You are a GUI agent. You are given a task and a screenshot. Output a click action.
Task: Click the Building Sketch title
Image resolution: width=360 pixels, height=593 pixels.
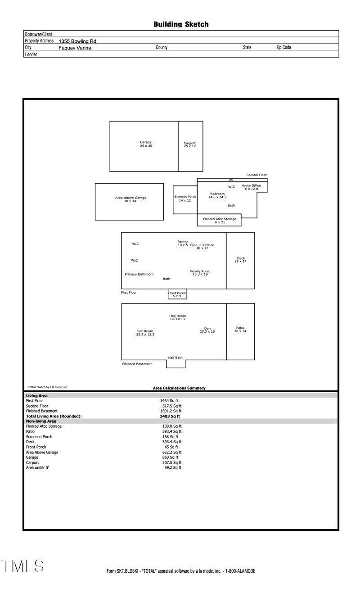(181, 24)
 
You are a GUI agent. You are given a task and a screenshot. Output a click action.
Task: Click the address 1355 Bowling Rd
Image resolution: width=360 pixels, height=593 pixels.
(77, 41)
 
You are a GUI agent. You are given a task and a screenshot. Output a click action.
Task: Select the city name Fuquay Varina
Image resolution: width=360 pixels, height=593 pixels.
(75, 48)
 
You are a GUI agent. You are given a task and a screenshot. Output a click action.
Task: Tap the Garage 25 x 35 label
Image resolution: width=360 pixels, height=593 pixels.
(146, 144)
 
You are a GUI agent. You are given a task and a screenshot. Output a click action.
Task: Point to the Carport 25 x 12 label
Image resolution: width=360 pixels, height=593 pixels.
(190, 145)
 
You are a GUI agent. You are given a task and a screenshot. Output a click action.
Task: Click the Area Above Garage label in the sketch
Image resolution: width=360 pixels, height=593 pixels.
(130, 199)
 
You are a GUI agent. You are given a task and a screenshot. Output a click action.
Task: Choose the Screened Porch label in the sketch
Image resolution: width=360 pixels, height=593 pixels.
(185, 199)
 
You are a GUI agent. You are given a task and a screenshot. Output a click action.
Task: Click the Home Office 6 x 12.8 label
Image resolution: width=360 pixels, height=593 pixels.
(251, 187)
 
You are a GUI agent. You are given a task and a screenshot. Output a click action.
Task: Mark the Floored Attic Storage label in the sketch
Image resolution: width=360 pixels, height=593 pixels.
(219, 221)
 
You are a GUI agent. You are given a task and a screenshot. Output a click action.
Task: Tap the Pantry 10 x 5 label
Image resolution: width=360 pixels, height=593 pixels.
(182, 244)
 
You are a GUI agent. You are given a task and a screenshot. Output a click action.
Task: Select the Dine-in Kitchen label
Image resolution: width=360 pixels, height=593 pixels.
(202, 246)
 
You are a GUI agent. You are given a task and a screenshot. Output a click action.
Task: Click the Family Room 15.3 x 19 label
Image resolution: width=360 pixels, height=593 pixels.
(200, 273)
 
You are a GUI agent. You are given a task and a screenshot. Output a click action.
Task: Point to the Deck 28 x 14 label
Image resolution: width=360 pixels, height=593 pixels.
(241, 260)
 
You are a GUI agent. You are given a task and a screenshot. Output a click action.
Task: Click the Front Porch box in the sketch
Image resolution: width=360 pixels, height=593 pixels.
(177, 294)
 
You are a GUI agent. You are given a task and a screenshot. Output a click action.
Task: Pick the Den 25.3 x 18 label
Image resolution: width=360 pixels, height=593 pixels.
(207, 330)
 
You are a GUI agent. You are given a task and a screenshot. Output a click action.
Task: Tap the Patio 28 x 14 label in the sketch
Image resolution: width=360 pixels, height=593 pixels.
(240, 330)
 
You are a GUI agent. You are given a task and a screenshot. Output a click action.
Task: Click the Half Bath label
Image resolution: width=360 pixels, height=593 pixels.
(175, 358)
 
